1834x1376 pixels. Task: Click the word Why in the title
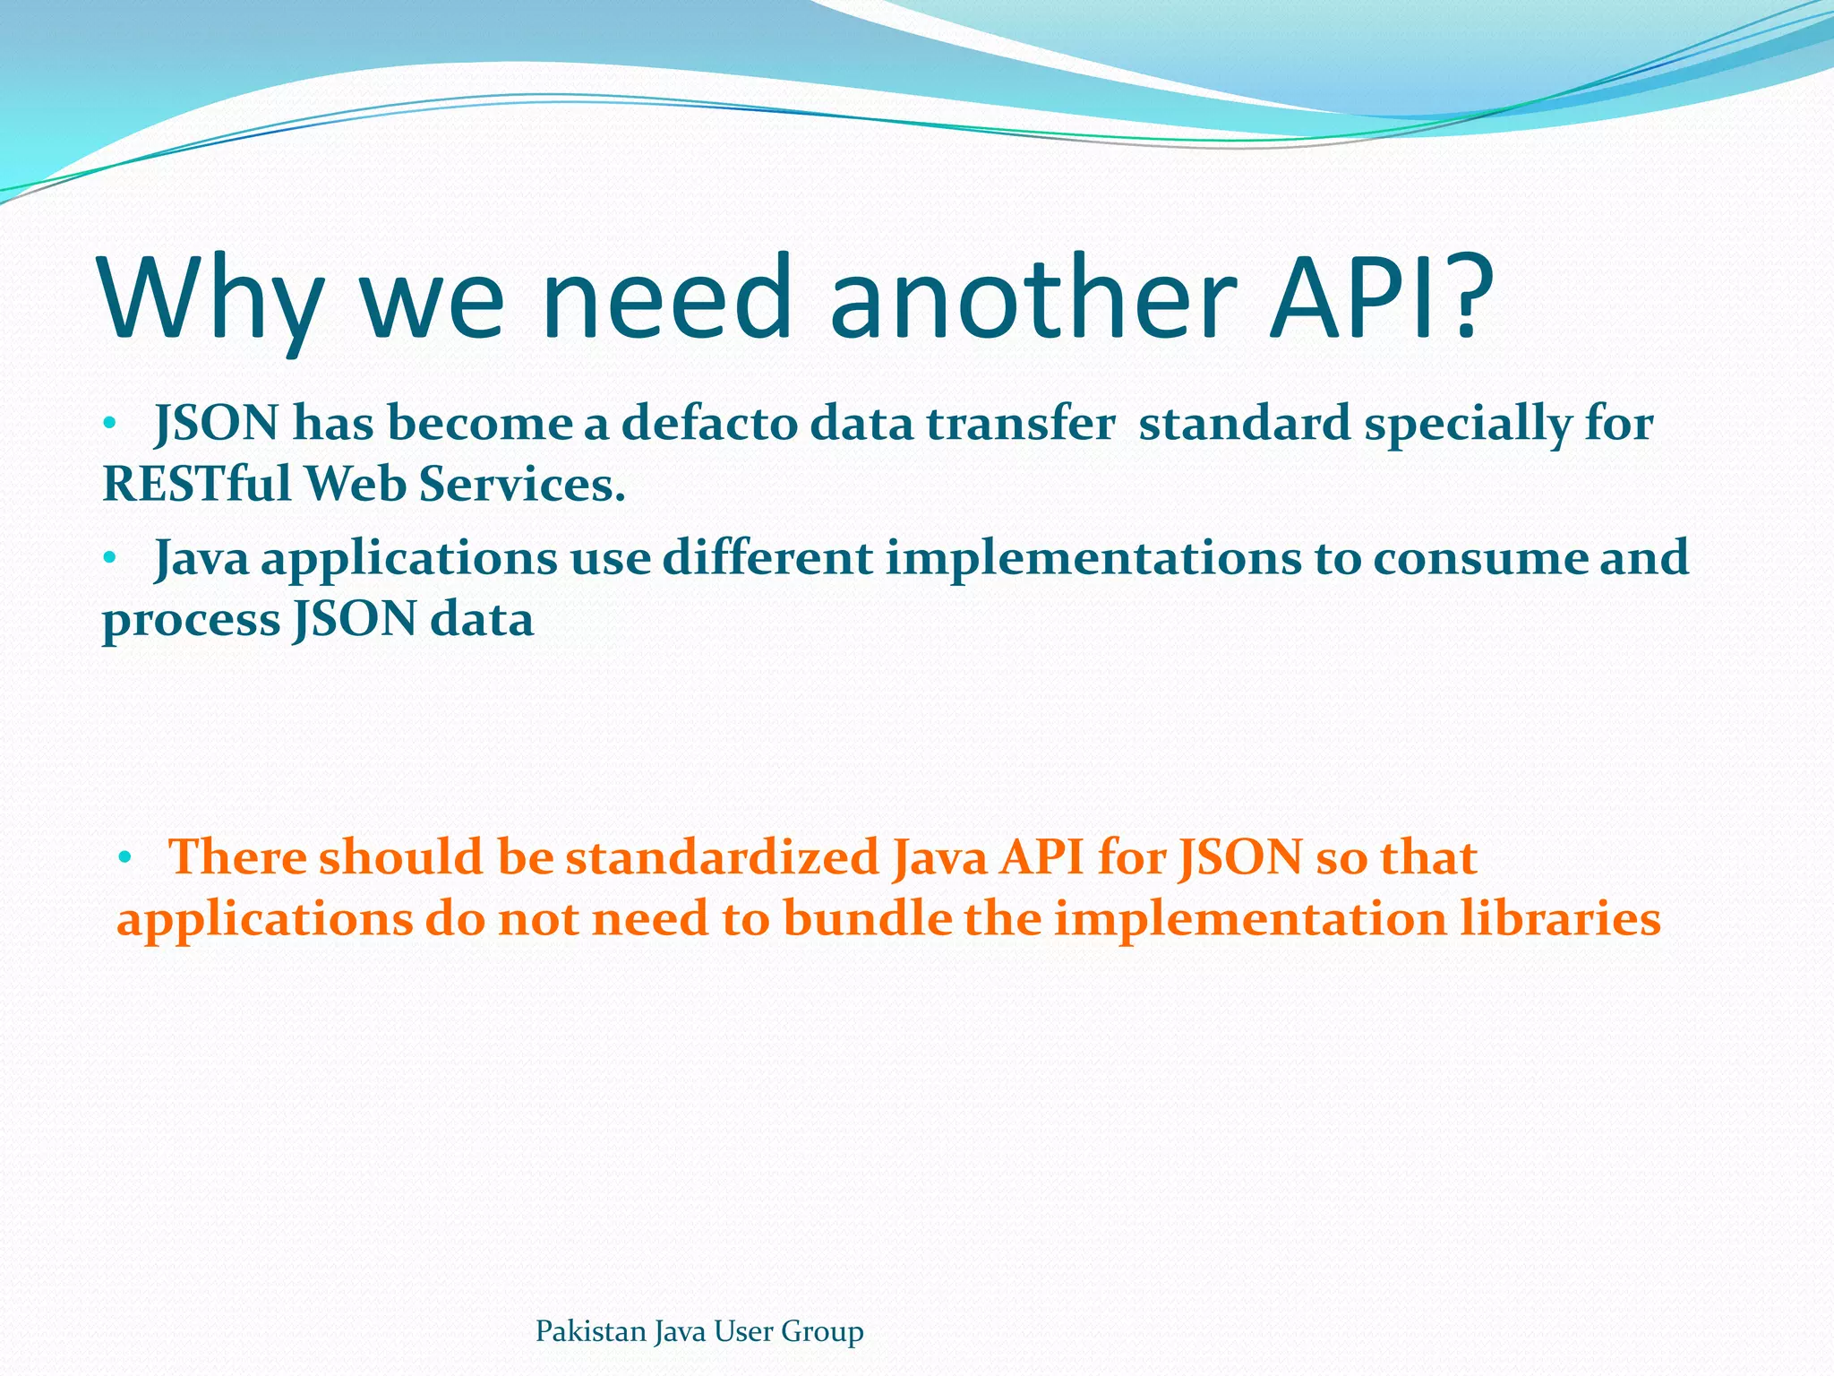[x=211, y=300]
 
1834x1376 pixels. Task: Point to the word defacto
[x=708, y=424]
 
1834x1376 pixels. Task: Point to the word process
[x=191, y=621]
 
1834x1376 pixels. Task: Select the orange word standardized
[x=722, y=857]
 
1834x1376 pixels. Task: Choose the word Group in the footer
[x=822, y=1332]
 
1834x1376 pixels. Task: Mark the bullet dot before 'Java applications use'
[x=109, y=558]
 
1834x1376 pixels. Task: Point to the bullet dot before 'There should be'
[x=124, y=857]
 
